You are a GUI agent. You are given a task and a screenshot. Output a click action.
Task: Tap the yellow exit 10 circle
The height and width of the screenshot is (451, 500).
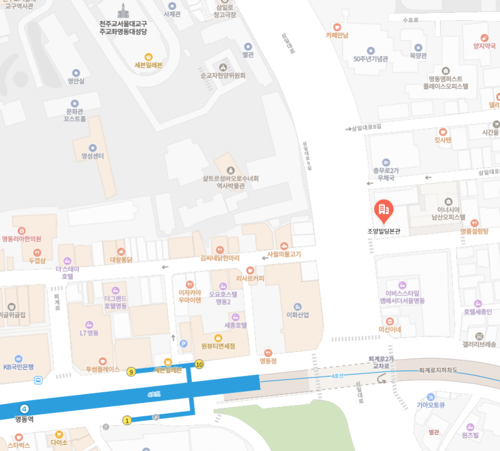(x=199, y=365)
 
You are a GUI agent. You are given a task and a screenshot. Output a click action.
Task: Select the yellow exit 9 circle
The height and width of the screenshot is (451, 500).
(x=131, y=372)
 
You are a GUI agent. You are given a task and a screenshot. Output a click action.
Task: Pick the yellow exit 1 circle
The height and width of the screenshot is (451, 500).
(x=127, y=420)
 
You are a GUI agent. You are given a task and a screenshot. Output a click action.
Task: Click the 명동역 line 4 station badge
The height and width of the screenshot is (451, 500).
(x=24, y=409)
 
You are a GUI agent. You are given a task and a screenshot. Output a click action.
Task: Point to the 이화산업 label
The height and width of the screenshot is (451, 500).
(x=297, y=315)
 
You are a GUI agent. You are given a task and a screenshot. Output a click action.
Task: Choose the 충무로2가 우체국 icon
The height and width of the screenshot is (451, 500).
(x=385, y=162)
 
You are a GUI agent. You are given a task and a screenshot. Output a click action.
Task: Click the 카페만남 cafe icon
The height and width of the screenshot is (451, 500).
(x=337, y=27)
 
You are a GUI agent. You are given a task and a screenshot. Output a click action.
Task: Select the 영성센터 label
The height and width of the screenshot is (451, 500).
(x=89, y=156)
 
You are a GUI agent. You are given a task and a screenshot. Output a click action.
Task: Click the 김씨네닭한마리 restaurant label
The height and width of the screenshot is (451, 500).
(x=220, y=258)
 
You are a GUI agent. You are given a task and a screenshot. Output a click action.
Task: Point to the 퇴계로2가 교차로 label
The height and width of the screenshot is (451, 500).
(x=381, y=362)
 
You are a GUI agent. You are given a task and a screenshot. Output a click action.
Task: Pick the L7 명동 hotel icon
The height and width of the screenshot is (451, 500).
(x=89, y=325)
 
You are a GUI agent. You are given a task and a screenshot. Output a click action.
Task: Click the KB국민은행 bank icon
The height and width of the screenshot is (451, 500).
(x=18, y=358)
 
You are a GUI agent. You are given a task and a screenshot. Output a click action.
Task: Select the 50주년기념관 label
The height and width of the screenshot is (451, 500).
(x=370, y=58)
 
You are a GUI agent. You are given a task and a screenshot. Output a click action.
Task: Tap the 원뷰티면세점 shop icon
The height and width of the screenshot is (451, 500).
(x=218, y=338)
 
